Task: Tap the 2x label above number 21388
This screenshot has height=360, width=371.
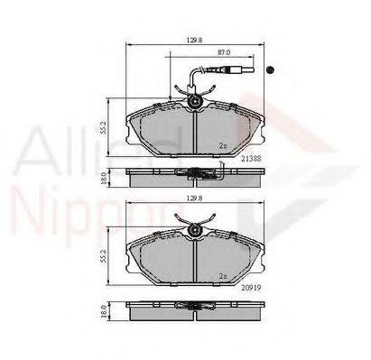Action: click(222, 144)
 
